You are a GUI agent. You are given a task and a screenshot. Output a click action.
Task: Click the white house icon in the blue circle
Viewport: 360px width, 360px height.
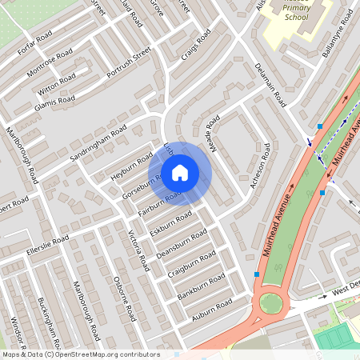pyautogui.click(x=180, y=172)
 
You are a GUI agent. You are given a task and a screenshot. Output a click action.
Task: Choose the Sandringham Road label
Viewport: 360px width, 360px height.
pyautogui.click(x=98, y=143)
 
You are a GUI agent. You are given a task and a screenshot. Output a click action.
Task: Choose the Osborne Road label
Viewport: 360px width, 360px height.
pyautogui.click(x=128, y=298)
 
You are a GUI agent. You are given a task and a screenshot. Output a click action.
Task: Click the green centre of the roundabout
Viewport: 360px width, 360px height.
pyautogui.click(x=270, y=304)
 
